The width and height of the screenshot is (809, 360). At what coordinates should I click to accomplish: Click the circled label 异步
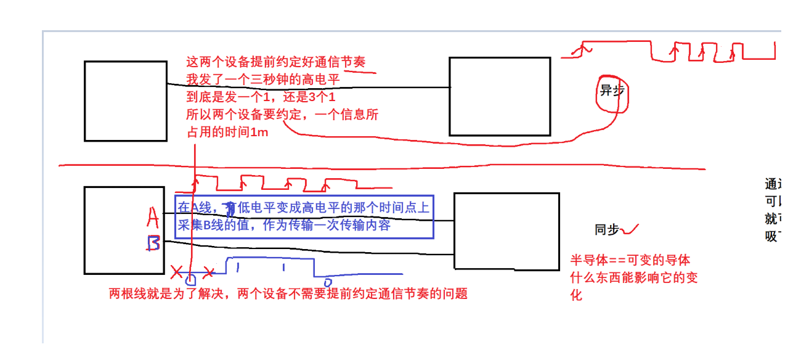[612, 91]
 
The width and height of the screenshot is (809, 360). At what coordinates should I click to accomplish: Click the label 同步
[606, 230]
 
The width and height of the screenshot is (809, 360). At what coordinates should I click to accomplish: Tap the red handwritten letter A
[153, 217]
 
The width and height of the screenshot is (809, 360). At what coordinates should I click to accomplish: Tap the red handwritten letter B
[153, 243]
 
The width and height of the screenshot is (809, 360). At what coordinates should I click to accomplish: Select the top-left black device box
[126, 101]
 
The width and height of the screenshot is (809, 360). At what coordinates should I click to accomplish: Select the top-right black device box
[499, 96]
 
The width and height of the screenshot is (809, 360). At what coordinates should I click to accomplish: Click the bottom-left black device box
[124, 230]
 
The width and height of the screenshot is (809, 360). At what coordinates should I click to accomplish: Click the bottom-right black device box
[506, 231]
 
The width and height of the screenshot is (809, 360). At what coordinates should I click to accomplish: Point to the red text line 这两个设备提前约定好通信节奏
[276, 62]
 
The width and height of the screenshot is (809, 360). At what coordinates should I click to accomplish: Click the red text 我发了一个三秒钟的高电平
[263, 80]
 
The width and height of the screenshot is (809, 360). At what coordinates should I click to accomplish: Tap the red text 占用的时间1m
[227, 132]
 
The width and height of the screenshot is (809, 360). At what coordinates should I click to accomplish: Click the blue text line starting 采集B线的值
[284, 226]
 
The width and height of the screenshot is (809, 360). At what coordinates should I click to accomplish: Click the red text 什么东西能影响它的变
[635, 278]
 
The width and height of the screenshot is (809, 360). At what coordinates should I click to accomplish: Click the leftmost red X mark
[177, 271]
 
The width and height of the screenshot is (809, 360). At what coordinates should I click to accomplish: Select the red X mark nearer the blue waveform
[209, 272]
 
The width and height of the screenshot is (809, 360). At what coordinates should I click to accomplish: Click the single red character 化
[576, 295]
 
